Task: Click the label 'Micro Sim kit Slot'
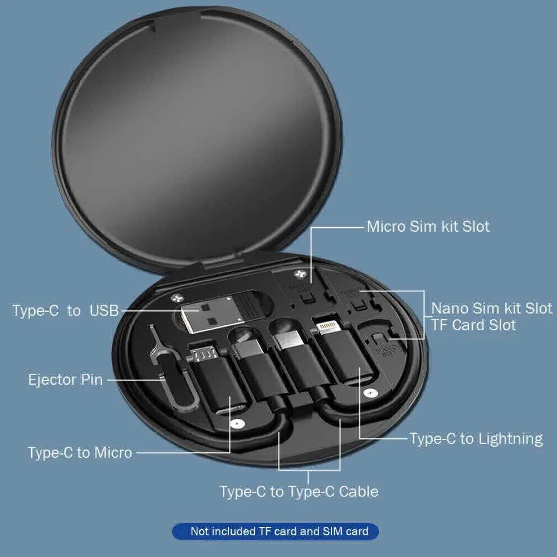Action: tap(428, 227)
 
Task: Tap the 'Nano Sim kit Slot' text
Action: tap(492, 308)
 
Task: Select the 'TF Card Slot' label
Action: tap(473, 325)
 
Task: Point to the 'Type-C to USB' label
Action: tap(66, 310)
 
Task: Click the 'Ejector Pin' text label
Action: tap(65, 380)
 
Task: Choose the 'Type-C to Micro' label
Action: tap(80, 452)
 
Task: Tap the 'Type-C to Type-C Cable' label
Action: tap(299, 491)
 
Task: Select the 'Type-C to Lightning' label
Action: tap(476, 438)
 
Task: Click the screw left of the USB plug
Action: tap(178, 298)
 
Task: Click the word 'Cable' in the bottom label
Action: tap(359, 491)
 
